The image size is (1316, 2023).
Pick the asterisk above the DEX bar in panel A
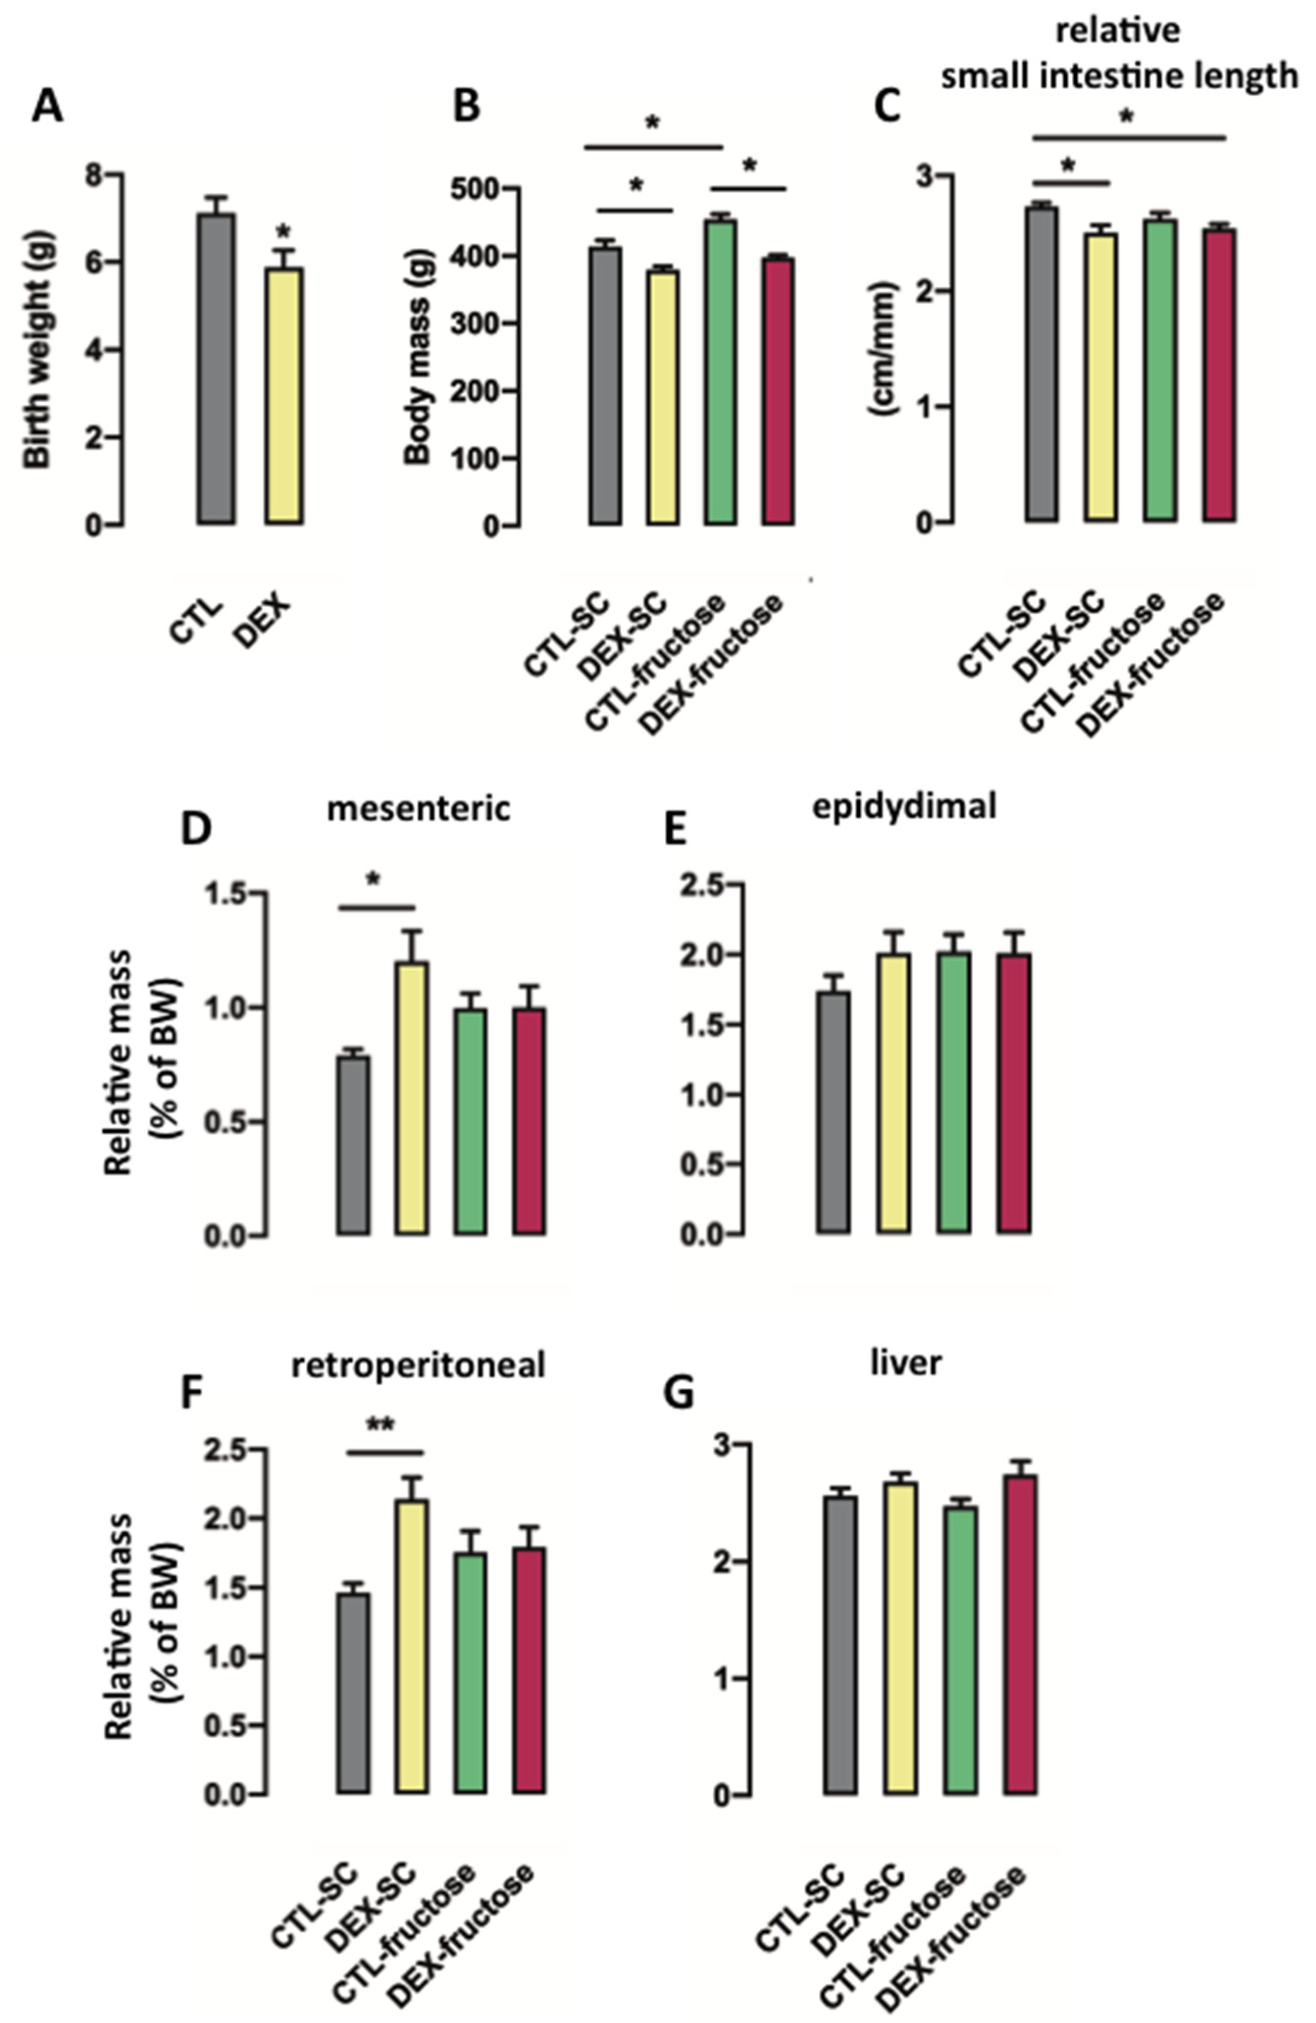(284, 231)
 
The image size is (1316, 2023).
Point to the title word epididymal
(904, 806)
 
